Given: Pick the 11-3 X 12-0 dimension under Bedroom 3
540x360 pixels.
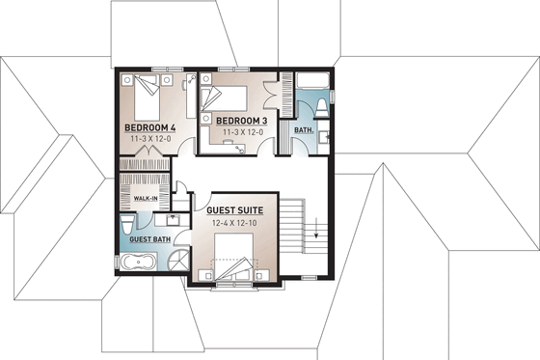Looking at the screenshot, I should click(x=241, y=131).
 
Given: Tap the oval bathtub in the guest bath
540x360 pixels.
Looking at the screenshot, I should click(x=141, y=263).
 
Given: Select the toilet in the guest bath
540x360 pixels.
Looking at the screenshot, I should click(x=128, y=223).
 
